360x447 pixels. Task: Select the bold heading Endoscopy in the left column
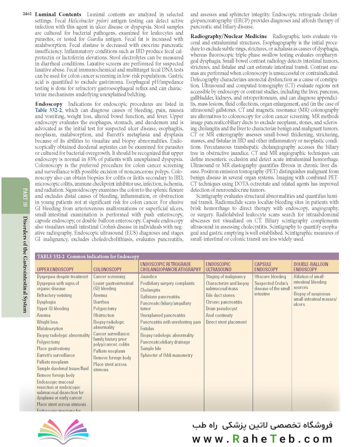pos(49,104)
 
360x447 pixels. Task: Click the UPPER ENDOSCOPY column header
pos(55,269)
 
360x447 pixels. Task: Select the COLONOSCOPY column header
pos(107,269)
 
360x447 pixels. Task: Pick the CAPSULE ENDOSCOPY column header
pos(266,267)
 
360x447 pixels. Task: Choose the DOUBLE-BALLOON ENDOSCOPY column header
pos(311,267)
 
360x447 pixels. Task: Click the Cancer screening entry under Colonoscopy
pos(109,276)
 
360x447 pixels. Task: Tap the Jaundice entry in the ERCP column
pos(149,276)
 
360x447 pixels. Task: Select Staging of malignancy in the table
pos(226,276)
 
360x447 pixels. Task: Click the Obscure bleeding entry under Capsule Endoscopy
pos(270,276)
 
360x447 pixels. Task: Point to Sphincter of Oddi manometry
pos(167,355)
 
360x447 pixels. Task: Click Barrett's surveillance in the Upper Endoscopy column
pos(56,355)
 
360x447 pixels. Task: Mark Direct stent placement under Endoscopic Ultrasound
pos(226,322)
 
